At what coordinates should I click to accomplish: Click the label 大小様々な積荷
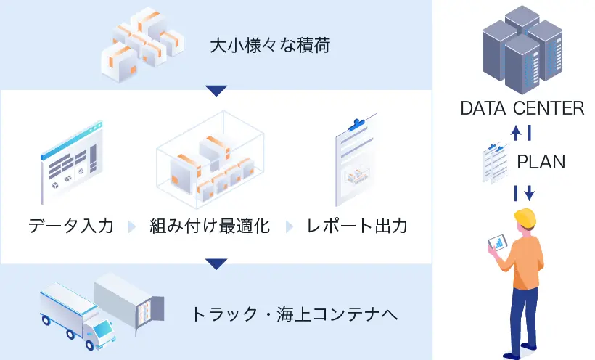pos(270,45)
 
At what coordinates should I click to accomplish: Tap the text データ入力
pos(71,226)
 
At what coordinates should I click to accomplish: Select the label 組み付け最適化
pos(210,226)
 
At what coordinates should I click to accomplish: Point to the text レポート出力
pos(357,226)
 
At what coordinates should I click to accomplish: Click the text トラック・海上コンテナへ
pos(295,314)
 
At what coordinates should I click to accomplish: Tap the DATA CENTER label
pos(522,108)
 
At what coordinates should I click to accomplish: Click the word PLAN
pos(541,162)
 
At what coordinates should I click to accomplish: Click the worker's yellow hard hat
pos(525,218)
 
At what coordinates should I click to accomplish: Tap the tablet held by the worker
pos(498,242)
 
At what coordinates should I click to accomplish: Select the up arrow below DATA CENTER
pos(516,133)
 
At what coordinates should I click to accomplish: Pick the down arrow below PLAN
pos(530,193)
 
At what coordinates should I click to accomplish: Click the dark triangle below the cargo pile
pos(216,91)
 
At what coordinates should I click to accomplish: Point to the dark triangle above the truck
pos(216,264)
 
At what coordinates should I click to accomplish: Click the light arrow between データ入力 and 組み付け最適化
pos(132,226)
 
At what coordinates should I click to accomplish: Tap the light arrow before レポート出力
pos(289,226)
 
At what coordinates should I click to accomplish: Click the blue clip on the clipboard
pos(356,125)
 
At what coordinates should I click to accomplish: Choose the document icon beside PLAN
pos(496,164)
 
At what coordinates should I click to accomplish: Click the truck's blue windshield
pos(102,330)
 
